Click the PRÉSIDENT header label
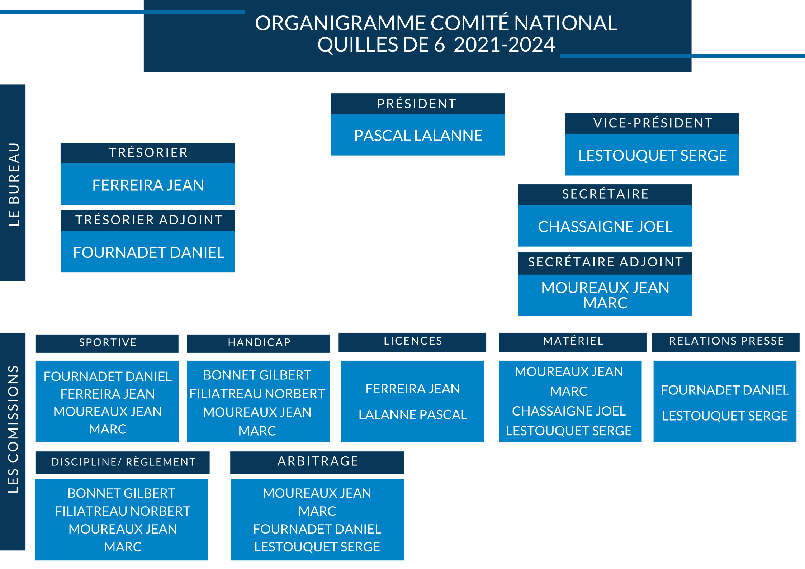click(x=417, y=104)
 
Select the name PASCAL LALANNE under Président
click(x=418, y=136)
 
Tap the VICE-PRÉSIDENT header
click(x=653, y=123)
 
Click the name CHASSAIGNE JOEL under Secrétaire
click(x=605, y=227)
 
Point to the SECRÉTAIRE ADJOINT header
click(x=605, y=262)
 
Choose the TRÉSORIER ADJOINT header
click(x=149, y=220)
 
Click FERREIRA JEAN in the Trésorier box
click(x=148, y=185)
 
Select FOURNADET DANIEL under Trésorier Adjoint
click(x=149, y=252)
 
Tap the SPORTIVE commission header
click(x=108, y=342)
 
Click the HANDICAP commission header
click(x=259, y=342)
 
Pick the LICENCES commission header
click(x=413, y=341)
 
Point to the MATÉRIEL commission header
click(x=573, y=341)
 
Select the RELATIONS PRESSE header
click(x=726, y=341)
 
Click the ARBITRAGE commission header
click(x=318, y=461)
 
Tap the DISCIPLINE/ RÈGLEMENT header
click(x=123, y=462)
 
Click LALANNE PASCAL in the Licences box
click(x=413, y=415)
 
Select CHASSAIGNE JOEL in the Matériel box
click(x=569, y=411)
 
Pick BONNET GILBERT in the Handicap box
click(x=257, y=375)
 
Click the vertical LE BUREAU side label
click(x=14, y=184)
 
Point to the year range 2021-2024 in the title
click(x=504, y=45)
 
